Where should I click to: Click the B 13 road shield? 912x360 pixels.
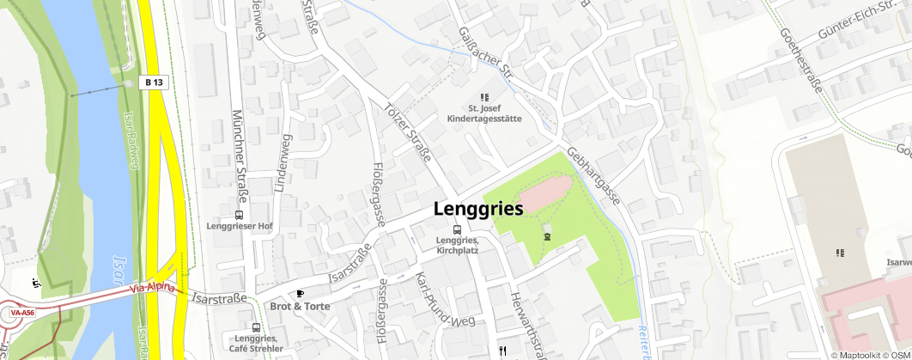pyautogui.click(x=154, y=82)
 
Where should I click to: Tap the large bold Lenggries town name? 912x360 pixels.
pyautogui.click(x=478, y=209)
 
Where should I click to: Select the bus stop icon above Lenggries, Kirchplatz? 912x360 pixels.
pyautogui.click(x=457, y=229)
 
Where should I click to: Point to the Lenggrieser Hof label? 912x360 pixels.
pyautogui.click(x=240, y=226)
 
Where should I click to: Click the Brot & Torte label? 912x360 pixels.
pyautogui.click(x=299, y=306)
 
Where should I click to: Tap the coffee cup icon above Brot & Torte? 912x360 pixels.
pyautogui.click(x=300, y=293)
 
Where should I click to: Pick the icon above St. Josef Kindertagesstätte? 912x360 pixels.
pyautogui.click(x=483, y=97)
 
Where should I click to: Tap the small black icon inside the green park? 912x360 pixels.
pyautogui.click(x=546, y=236)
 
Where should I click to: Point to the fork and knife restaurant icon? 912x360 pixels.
pyautogui.click(x=503, y=351)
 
